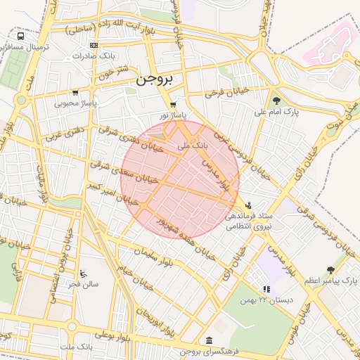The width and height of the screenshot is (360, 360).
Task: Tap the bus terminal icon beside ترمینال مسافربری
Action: tap(20, 35)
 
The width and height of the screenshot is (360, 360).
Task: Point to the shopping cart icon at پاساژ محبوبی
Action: tap(75, 92)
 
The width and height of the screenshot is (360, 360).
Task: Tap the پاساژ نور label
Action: tap(172, 115)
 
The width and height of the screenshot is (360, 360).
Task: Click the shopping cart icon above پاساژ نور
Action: tap(173, 105)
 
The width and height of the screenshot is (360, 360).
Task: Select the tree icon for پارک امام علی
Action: tap(276, 101)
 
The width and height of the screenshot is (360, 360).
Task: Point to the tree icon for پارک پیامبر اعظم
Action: tap(330, 270)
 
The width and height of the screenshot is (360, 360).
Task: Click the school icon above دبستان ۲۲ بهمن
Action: tap(266, 289)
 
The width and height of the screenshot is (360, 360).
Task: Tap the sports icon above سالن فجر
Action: tap(84, 274)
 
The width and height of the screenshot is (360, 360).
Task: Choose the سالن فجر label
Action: tap(84, 284)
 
